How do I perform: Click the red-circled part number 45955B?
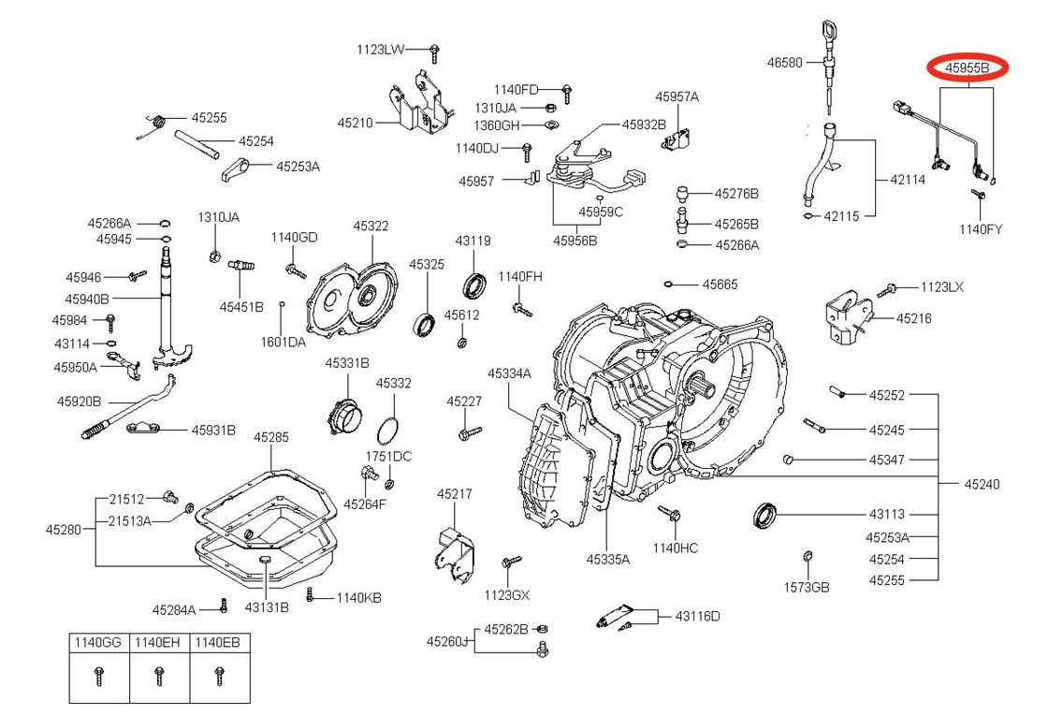click(x=967, y=67)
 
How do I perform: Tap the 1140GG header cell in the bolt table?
click(x=98, y=643)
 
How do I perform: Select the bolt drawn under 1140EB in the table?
click(x=220, y=676)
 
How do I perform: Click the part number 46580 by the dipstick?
click(x=784, y=63)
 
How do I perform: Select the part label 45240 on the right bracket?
click(x=982, y=484)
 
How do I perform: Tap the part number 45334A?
click(x=509, y=373)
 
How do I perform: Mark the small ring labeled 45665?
click(x=670, y=284)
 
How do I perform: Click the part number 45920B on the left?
click(x=79, y=401)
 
